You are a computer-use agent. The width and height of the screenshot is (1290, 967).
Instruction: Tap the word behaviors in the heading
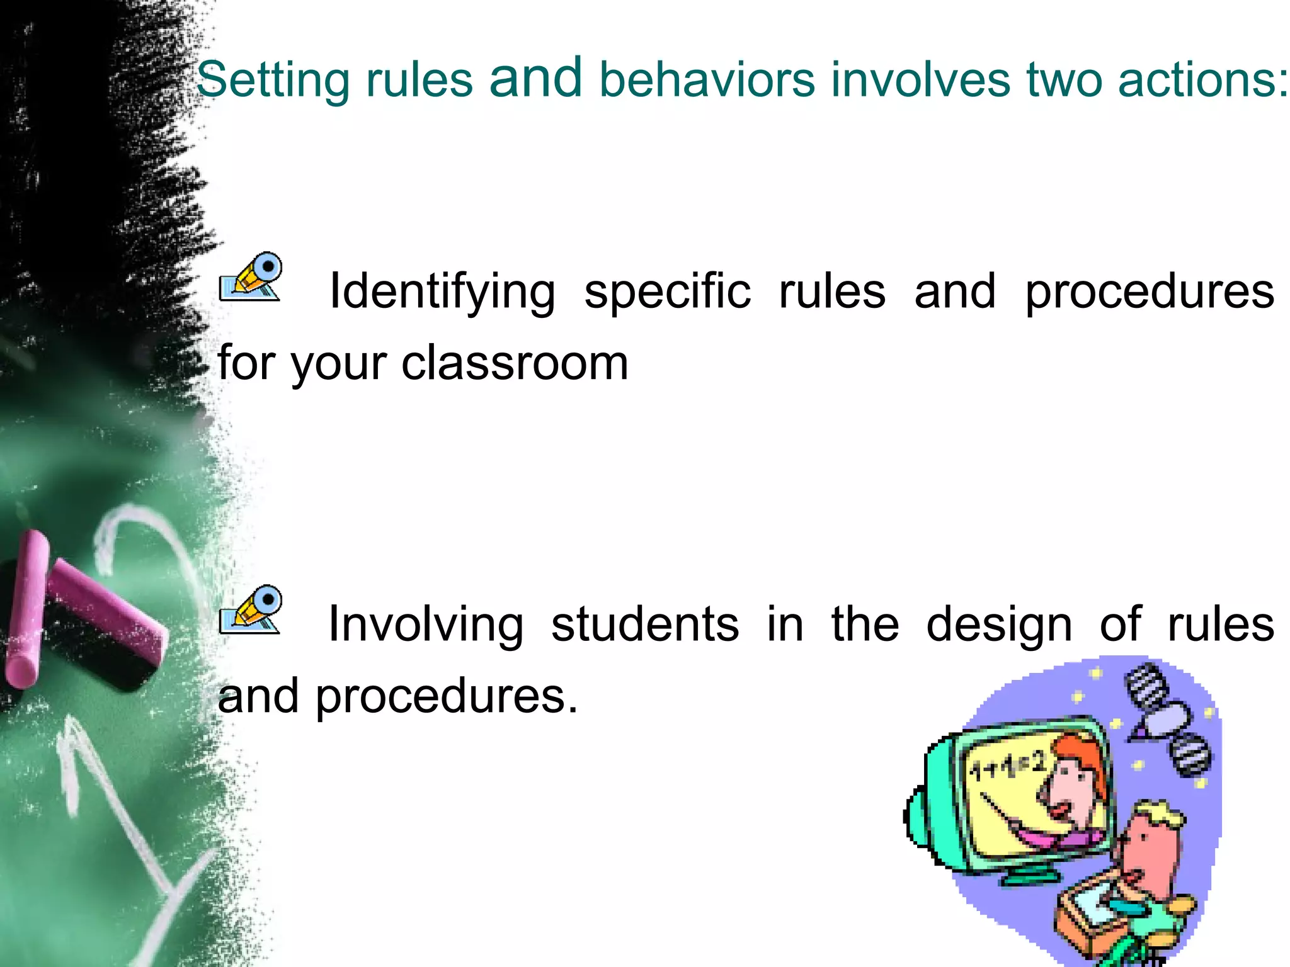707,80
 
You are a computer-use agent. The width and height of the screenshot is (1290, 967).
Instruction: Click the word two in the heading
1064,80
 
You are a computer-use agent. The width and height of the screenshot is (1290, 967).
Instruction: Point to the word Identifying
442,291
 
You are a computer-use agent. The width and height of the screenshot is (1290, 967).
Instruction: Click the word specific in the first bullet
668,291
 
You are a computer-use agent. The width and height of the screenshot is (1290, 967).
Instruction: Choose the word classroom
515,363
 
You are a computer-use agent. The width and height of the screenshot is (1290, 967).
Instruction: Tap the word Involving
426,625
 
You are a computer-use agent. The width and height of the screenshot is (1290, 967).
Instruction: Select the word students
645,625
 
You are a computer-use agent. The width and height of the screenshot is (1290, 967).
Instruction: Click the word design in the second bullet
999,625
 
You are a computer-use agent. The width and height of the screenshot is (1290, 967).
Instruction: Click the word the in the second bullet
865,625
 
